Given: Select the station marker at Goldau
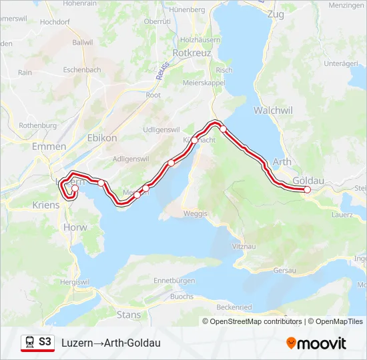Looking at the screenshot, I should [x=308, y=190].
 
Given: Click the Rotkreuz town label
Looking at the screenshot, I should [x=192, y=52].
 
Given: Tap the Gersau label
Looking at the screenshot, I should [x=286, y=271].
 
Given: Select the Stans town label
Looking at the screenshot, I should [x=128, y=313].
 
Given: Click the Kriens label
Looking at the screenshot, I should [x=45, y=205].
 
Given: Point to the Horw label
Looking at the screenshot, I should [x=70, y=227].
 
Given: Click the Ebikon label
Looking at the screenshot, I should [x=102, y=137].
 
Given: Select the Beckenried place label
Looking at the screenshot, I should [x=234, y=306].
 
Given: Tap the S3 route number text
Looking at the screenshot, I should [x=45, y=342].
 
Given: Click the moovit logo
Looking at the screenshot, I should [x=316, y=343].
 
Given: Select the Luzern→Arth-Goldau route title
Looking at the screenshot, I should [x=111, y=343].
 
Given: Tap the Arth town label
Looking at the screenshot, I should [x=282, y=162].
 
